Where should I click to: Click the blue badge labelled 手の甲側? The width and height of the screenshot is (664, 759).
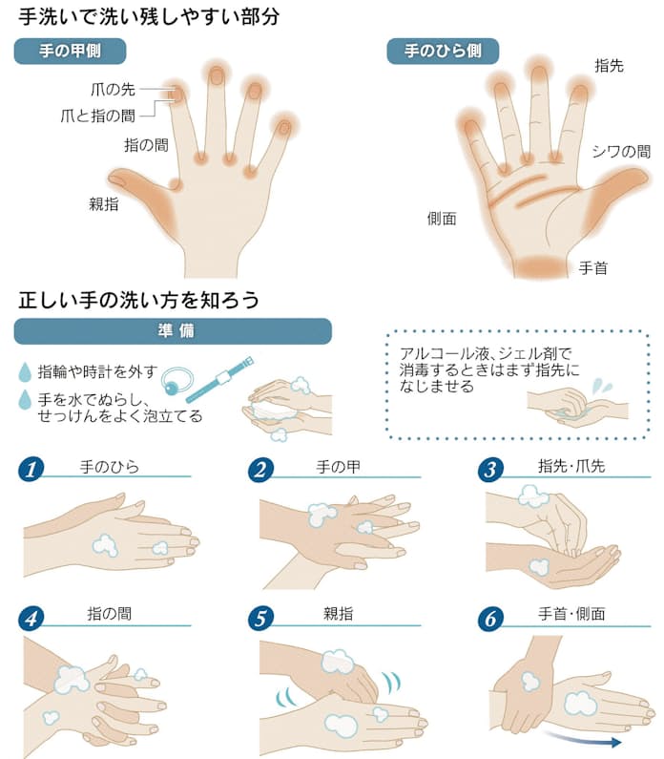[x=71, y=51]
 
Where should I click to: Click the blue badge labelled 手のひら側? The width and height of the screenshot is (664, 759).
[x=443, y=51]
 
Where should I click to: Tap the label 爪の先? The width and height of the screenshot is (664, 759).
[x=113, y=89]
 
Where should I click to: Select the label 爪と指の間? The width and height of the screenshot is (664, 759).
[x=97, y=116]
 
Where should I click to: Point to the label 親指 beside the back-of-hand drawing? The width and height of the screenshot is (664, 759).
[x=104, y=203]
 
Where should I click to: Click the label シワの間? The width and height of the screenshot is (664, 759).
[x=621, y=152]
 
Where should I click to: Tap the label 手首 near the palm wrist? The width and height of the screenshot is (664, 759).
[x=592, y=267]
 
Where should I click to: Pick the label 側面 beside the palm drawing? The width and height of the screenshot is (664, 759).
[x=442, y=219]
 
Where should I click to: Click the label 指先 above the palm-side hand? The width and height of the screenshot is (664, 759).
[x=610, y=65]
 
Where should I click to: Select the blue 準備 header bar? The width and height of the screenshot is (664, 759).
[x=173, y=331]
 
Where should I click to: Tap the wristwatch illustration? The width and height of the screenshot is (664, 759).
[x=219, y=380]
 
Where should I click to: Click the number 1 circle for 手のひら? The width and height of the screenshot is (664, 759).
[x=31, y=470]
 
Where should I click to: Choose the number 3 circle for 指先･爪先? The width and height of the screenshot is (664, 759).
[x=490, y=470]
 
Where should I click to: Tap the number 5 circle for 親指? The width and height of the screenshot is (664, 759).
[x=260, y=618]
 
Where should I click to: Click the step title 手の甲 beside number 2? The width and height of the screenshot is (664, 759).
[x=339, y=467]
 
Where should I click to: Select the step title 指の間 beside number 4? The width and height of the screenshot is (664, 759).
[x=110, y=614]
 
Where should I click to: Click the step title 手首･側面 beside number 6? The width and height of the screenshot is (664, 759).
[x=571, y=614]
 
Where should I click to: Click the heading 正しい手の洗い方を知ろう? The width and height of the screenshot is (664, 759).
[x=138, y=300]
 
